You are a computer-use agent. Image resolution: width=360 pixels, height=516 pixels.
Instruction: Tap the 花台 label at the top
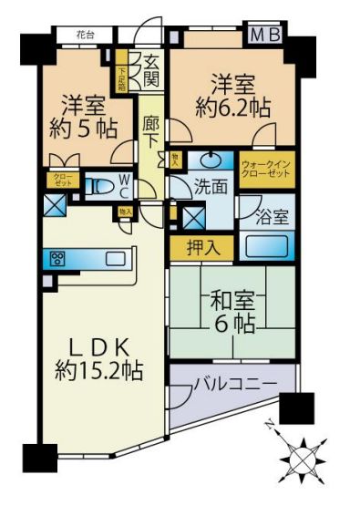click(86, 36)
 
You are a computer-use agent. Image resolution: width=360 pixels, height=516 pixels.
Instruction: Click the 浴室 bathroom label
click(275, 218)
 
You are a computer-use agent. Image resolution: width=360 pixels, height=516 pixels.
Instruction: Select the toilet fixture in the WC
click(105, 186)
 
